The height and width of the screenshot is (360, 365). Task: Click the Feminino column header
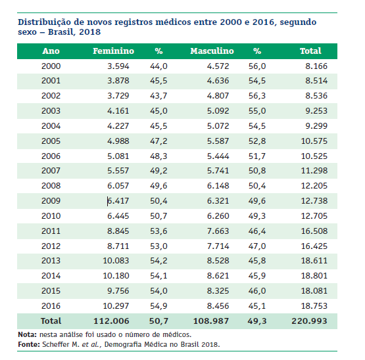click(x=113, y=51)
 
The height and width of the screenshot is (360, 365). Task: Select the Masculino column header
click(x=212, y=51)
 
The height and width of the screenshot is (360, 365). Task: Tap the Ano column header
click(x=51, y=51)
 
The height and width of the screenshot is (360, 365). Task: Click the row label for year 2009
click(x=51, y=201)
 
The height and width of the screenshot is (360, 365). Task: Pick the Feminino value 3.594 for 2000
click(x=118, y=66)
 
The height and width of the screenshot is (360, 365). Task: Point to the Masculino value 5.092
click(x=218, y=111)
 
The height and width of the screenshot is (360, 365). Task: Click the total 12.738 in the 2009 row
click(x=314, y=201)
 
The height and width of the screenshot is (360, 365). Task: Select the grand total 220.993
click(x=309, y=321)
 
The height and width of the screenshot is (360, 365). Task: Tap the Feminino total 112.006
click(x=111, y=321)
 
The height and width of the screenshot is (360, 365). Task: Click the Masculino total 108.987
click(x=211, y=321)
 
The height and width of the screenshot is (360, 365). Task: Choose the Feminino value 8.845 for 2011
click(x=118, y=231)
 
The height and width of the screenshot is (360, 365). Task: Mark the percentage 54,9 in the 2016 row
click(x=158, y=306)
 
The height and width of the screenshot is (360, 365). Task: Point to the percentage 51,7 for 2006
click(x=256, y=156)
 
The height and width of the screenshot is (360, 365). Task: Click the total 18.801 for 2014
click(x=314, y=276)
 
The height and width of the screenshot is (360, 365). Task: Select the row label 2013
click(x=51, y=261)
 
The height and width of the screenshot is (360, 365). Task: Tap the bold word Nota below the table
click(x=27, y=334)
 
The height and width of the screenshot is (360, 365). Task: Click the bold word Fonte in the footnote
click(x=29, y=344)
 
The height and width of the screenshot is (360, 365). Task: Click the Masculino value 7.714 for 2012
click(x=218, y=246)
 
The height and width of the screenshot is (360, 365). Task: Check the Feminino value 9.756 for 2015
click(x=118, y=291)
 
